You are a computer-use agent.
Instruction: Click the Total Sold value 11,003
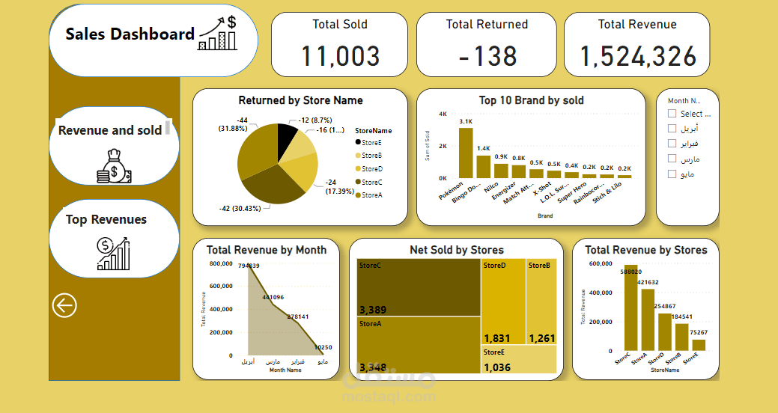click(340, 56)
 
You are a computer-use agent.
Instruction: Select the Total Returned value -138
click(487, 56)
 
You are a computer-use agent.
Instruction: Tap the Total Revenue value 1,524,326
click(637, 56)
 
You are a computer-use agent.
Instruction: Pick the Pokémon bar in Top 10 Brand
click(466, 153)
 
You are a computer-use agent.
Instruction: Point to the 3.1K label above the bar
click(466, 121)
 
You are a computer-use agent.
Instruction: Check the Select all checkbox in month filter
click(672, 114)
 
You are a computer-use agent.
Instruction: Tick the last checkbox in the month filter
click(672, 174)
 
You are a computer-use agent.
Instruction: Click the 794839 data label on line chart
click(249, 266)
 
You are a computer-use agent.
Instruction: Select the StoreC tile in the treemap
click(418, 287)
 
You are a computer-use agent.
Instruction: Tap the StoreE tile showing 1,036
click(519, 360)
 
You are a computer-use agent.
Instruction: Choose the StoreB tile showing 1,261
click(541, 302)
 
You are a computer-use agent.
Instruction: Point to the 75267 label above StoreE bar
click(699, 333)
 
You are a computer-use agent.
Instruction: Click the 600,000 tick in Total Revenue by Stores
click(599, 264)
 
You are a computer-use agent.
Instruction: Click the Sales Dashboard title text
click(130, 34)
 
